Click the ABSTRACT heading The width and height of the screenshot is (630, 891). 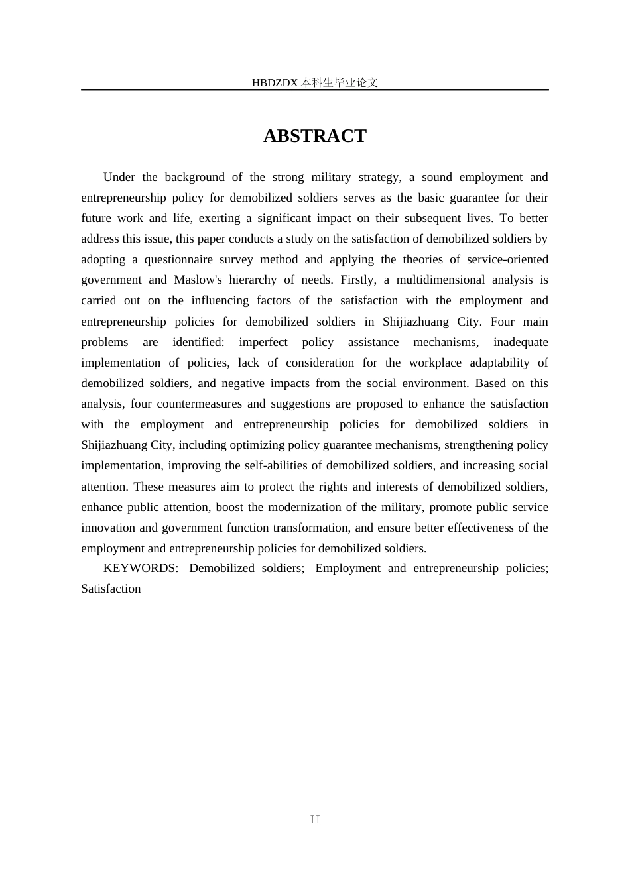pos(314,136)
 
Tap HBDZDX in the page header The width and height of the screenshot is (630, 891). pos(275,83)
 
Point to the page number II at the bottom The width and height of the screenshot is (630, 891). pos(315,820)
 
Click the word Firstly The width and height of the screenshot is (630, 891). pos(357,280)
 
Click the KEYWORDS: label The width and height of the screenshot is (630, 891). pos(141,569)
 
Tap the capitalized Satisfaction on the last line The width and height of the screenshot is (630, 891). pos(111,589)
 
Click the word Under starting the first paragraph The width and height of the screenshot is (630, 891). pos(119,177)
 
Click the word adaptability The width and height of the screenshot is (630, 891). pos(499,363)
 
